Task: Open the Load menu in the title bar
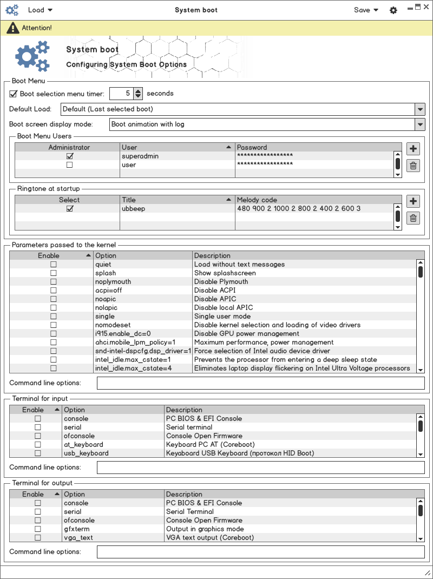(x=40, y=10)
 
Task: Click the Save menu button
(x=366, y=10)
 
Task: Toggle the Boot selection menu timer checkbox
(x=14, y=94)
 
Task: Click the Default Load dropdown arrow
(x=420, y=109)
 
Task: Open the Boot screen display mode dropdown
(x=420, y=124)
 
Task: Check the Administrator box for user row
(x=69, y=165)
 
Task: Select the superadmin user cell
(x=140, y=156)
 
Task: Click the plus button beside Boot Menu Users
(x=413, y=149)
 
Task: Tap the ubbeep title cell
(x=133, y=208)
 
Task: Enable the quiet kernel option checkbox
(x=53, y=265)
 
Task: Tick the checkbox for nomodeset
(x=53, y=325)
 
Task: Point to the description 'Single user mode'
(x=222, y=317)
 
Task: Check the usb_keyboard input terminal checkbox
(x=38, y=453)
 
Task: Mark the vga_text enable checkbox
(x=38, y=538)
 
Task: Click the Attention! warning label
(x=37, y=28)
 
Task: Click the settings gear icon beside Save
(x=393, y=10)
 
